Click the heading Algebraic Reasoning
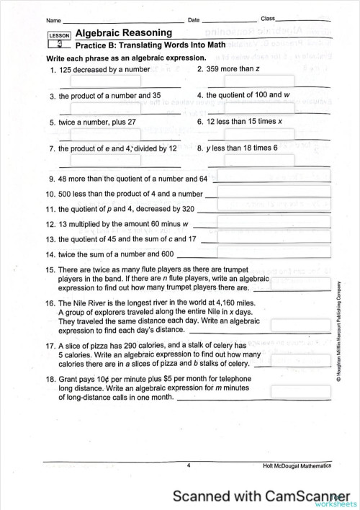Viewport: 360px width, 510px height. (x=123, y=32)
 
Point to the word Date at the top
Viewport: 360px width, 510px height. (x=193, y=20)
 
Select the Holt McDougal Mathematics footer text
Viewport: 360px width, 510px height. (x=297, y=466)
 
